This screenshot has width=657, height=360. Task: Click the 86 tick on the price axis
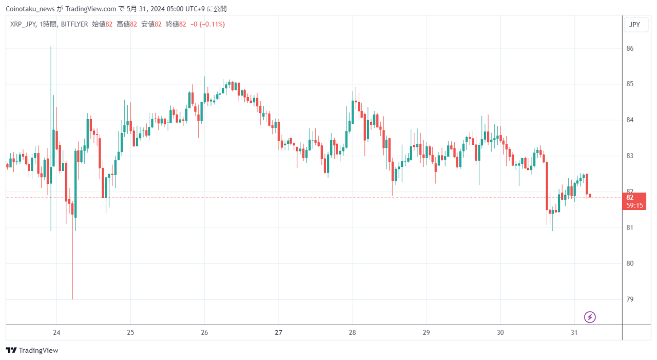click(x=630, y=48)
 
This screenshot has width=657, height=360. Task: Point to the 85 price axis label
click(x=630, y=84)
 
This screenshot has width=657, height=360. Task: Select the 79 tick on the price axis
click(x=630, y=299)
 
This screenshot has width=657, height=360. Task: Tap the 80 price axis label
click(x=630, y=263)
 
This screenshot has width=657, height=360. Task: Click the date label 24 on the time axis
click(x=56, y=332)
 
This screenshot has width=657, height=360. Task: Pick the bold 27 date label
click(x=278, y=332)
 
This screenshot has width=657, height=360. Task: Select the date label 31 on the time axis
click(x=574, y=332)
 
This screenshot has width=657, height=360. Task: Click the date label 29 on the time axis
click(x=426, y=332)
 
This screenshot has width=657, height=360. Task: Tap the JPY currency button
click(x=635, y=25)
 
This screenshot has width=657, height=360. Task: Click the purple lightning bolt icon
click(x=590, y=317)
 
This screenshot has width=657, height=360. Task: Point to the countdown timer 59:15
click(x=634, y=205)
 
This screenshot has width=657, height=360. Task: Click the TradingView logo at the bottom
click(x=32, y=350)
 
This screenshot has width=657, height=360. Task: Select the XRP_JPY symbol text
click(x=23, y=24)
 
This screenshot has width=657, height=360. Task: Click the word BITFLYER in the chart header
click(x=74, y=24)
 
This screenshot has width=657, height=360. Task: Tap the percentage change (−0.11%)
click(x=212, y=24)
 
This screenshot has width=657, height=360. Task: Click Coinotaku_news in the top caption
click(x=30, y=9)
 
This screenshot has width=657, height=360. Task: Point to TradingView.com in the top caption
click(x=91, y=9)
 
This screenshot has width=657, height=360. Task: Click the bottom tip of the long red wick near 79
click(x=72, y=299)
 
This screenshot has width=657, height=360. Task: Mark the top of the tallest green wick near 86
click(x=51, y=46)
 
